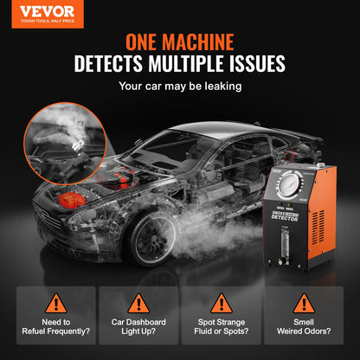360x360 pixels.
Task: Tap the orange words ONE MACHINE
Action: tap(180, 42)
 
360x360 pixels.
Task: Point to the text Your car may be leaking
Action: tap(180, 86)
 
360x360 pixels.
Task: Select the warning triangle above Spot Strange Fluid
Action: tap(222, 302)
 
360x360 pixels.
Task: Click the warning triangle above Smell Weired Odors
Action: tap(304, 302)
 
